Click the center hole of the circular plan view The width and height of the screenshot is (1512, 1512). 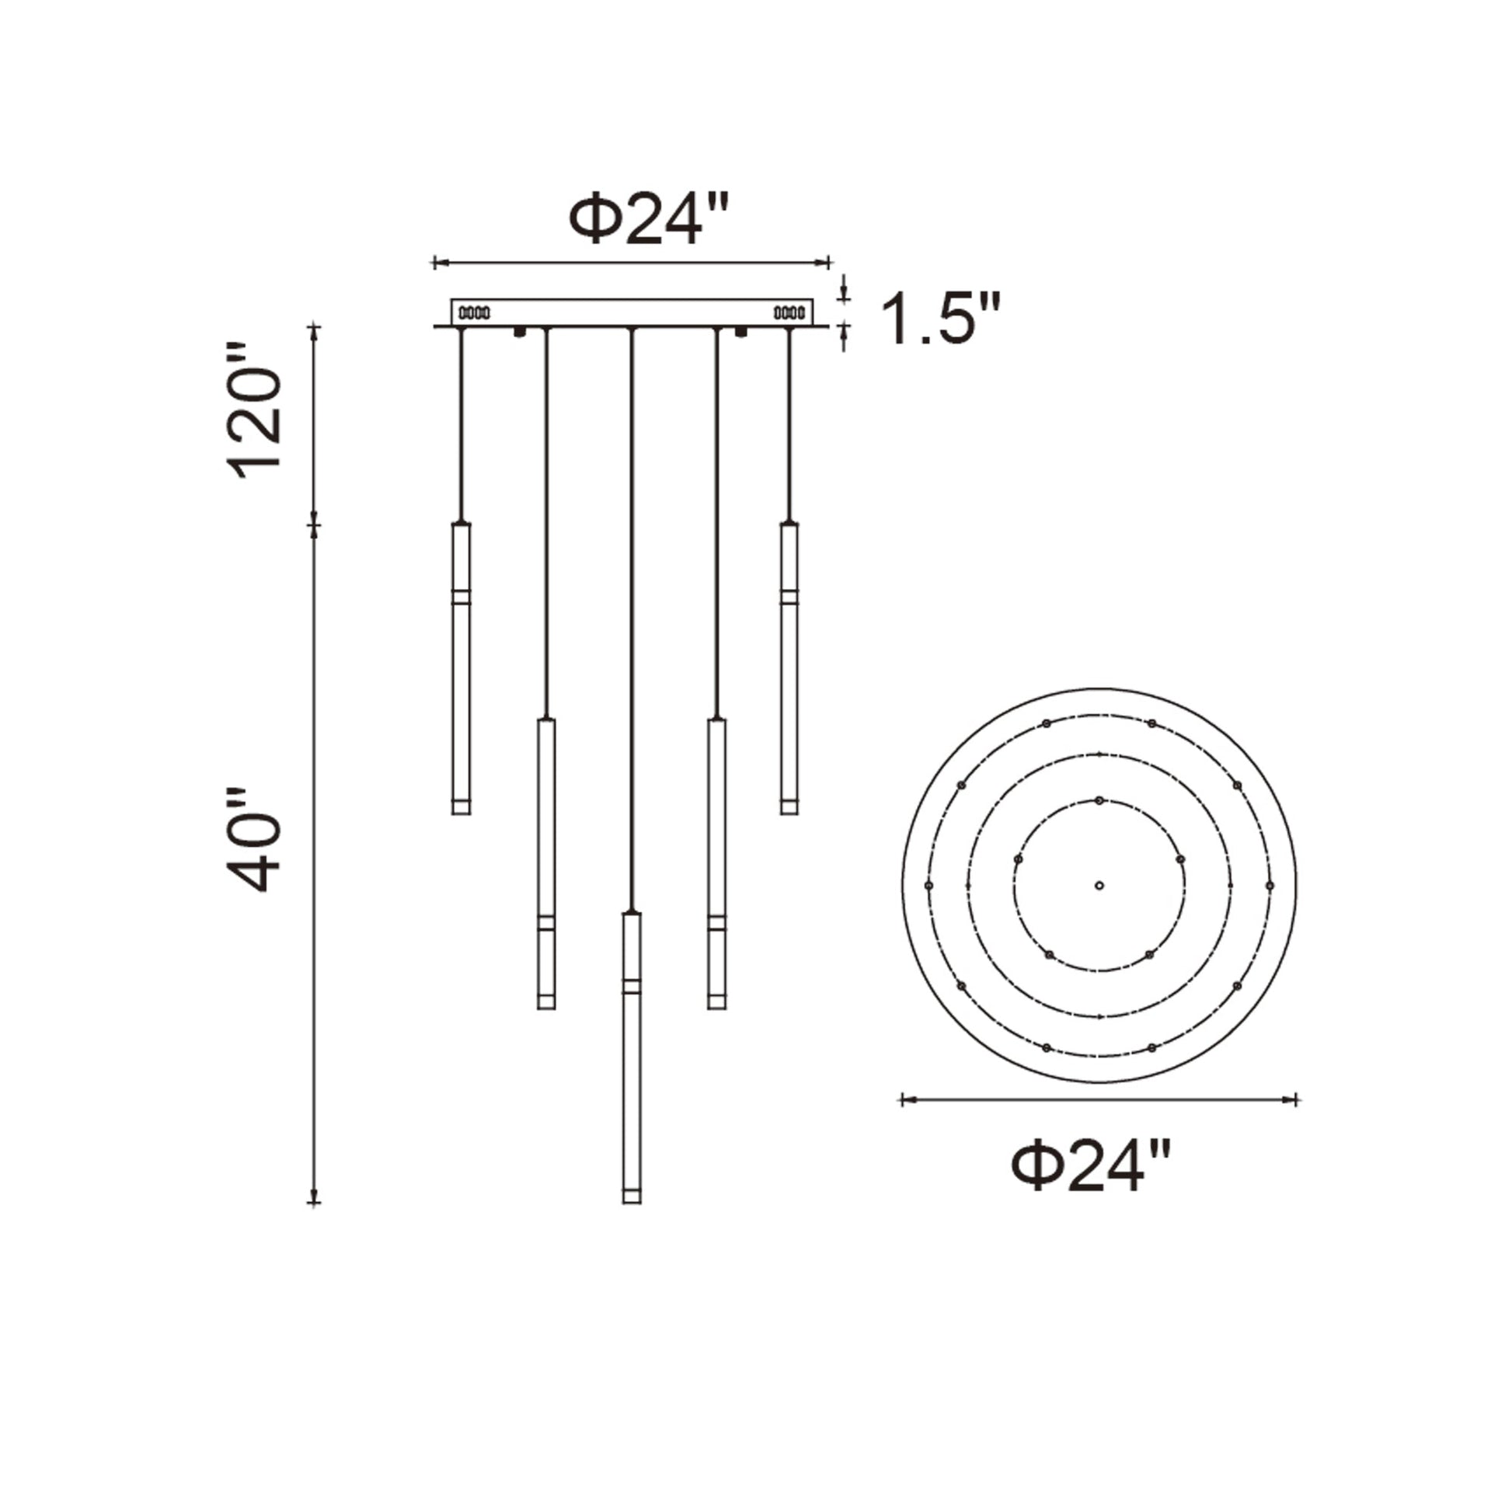(x=1099, y=885)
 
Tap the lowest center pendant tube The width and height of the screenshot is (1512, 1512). (x=632, y=1056)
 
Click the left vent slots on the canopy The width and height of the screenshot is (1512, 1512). (x=474, y=313)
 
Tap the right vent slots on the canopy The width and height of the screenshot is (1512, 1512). (x=789, y=313)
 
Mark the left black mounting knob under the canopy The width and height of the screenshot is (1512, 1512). (x=519, y=333)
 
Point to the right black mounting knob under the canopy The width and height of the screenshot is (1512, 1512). (x=740, y=333)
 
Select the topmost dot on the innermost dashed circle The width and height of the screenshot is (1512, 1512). (x=1099, y=800)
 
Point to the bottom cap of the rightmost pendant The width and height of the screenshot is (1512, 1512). (x=789, y=806)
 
